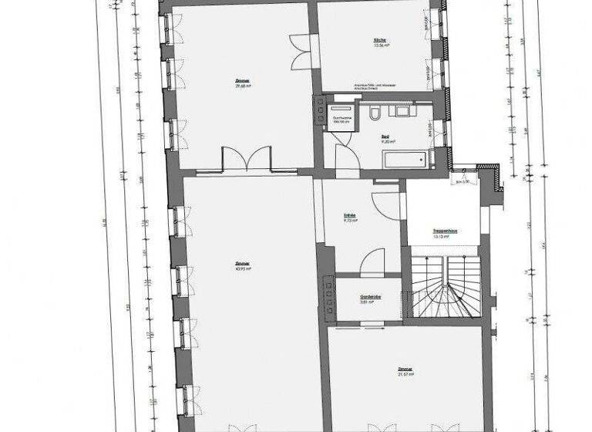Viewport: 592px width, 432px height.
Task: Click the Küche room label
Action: click(378, 39)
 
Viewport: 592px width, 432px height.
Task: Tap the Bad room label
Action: click(386, 137)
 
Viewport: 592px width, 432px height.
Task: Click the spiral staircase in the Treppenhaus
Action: click(442, 285)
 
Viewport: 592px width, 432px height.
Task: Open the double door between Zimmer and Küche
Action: click(301, 52)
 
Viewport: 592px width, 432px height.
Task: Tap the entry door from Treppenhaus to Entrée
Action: click(387, 201)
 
